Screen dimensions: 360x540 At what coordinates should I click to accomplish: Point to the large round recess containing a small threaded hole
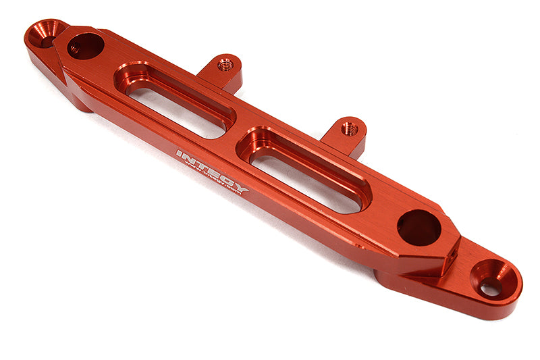pos(86,46)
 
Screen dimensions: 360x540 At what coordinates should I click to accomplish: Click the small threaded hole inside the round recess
pos(74,49)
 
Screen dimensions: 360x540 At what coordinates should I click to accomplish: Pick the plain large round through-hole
pos(418,228)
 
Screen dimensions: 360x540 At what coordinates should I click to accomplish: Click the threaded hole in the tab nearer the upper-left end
pos(225,66)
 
